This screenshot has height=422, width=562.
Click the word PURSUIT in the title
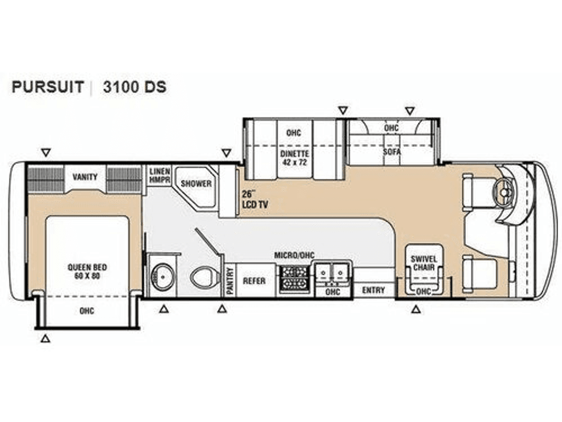pos(48,87)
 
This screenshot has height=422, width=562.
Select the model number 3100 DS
pos(135,87)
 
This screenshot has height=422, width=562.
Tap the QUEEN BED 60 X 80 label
pos(87,271)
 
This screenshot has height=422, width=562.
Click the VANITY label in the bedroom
pos(85,177)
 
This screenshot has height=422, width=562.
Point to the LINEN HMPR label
pos(160,175)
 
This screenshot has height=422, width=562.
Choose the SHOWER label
pos(196,184)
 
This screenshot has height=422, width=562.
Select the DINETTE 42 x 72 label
pos(294,158)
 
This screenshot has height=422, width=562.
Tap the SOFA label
pos(391,152)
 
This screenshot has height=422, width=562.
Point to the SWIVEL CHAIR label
pos(424,263)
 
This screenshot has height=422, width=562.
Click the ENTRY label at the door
pos(373,290)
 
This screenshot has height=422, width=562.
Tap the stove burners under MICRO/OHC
pos(294,279)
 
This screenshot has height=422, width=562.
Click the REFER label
pos(254,281)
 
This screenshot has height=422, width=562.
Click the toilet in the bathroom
pos(205,277)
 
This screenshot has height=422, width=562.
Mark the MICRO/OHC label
pos(294,255)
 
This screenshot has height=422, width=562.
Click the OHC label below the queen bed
pos(87,311)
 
